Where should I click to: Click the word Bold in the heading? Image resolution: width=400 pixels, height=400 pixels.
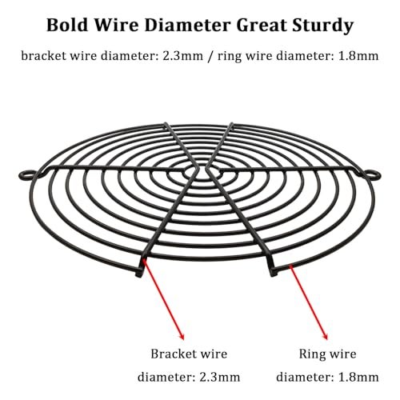pyautogui.click(x=67, y=26)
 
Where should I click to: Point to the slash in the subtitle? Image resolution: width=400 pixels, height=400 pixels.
pyautogui.click(x=210, y=57)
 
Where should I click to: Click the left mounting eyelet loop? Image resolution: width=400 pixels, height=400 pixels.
pyautogui.click(x=26, y=175)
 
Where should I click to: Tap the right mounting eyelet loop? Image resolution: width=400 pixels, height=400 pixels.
pyautogui.click(x=373, y=174)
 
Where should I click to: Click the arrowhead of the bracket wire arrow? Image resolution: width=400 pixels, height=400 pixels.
pyautogui.click(x=182, y=335)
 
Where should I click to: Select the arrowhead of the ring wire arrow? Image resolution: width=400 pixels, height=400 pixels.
pyautogui.click(x=325, y=335)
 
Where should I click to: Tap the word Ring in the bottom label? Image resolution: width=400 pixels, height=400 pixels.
pyautogui.click(x=311, y=354)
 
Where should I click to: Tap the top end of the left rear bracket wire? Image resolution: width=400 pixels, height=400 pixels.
pyautogui.click(x=166, y=124)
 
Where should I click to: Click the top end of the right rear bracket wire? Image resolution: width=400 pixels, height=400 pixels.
pyautogui.click(x=231, y=124)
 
